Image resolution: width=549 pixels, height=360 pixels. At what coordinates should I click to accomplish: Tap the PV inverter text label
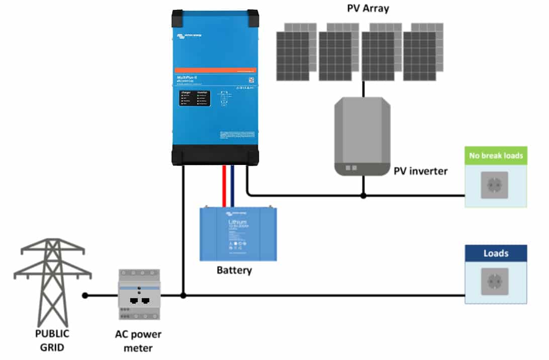click(420, 171)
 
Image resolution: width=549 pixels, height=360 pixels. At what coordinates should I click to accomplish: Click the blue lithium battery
click(238, 234)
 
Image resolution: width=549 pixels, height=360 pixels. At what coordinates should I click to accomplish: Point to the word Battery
click(234, 270)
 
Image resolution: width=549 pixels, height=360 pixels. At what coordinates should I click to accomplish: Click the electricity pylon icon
click(52, 282)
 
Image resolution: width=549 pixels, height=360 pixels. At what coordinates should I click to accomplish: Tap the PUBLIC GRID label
click(52, 340)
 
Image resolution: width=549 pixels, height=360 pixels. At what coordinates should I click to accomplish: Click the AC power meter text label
click(139, 341)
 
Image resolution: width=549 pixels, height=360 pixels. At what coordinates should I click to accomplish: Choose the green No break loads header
click(496, 155)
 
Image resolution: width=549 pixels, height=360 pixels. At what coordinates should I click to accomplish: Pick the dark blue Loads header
click(496, 253)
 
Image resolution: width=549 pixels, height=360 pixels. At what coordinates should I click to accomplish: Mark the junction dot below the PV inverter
click(363, 196)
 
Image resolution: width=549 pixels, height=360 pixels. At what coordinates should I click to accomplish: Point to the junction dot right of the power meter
click(184, 296)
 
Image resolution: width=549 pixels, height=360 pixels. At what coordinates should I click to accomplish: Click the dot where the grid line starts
click(85, 296)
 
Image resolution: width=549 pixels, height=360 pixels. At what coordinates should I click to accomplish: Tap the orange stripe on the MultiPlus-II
click(215, 70)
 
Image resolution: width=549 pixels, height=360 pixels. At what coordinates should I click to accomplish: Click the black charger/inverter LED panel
click(193, 99)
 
